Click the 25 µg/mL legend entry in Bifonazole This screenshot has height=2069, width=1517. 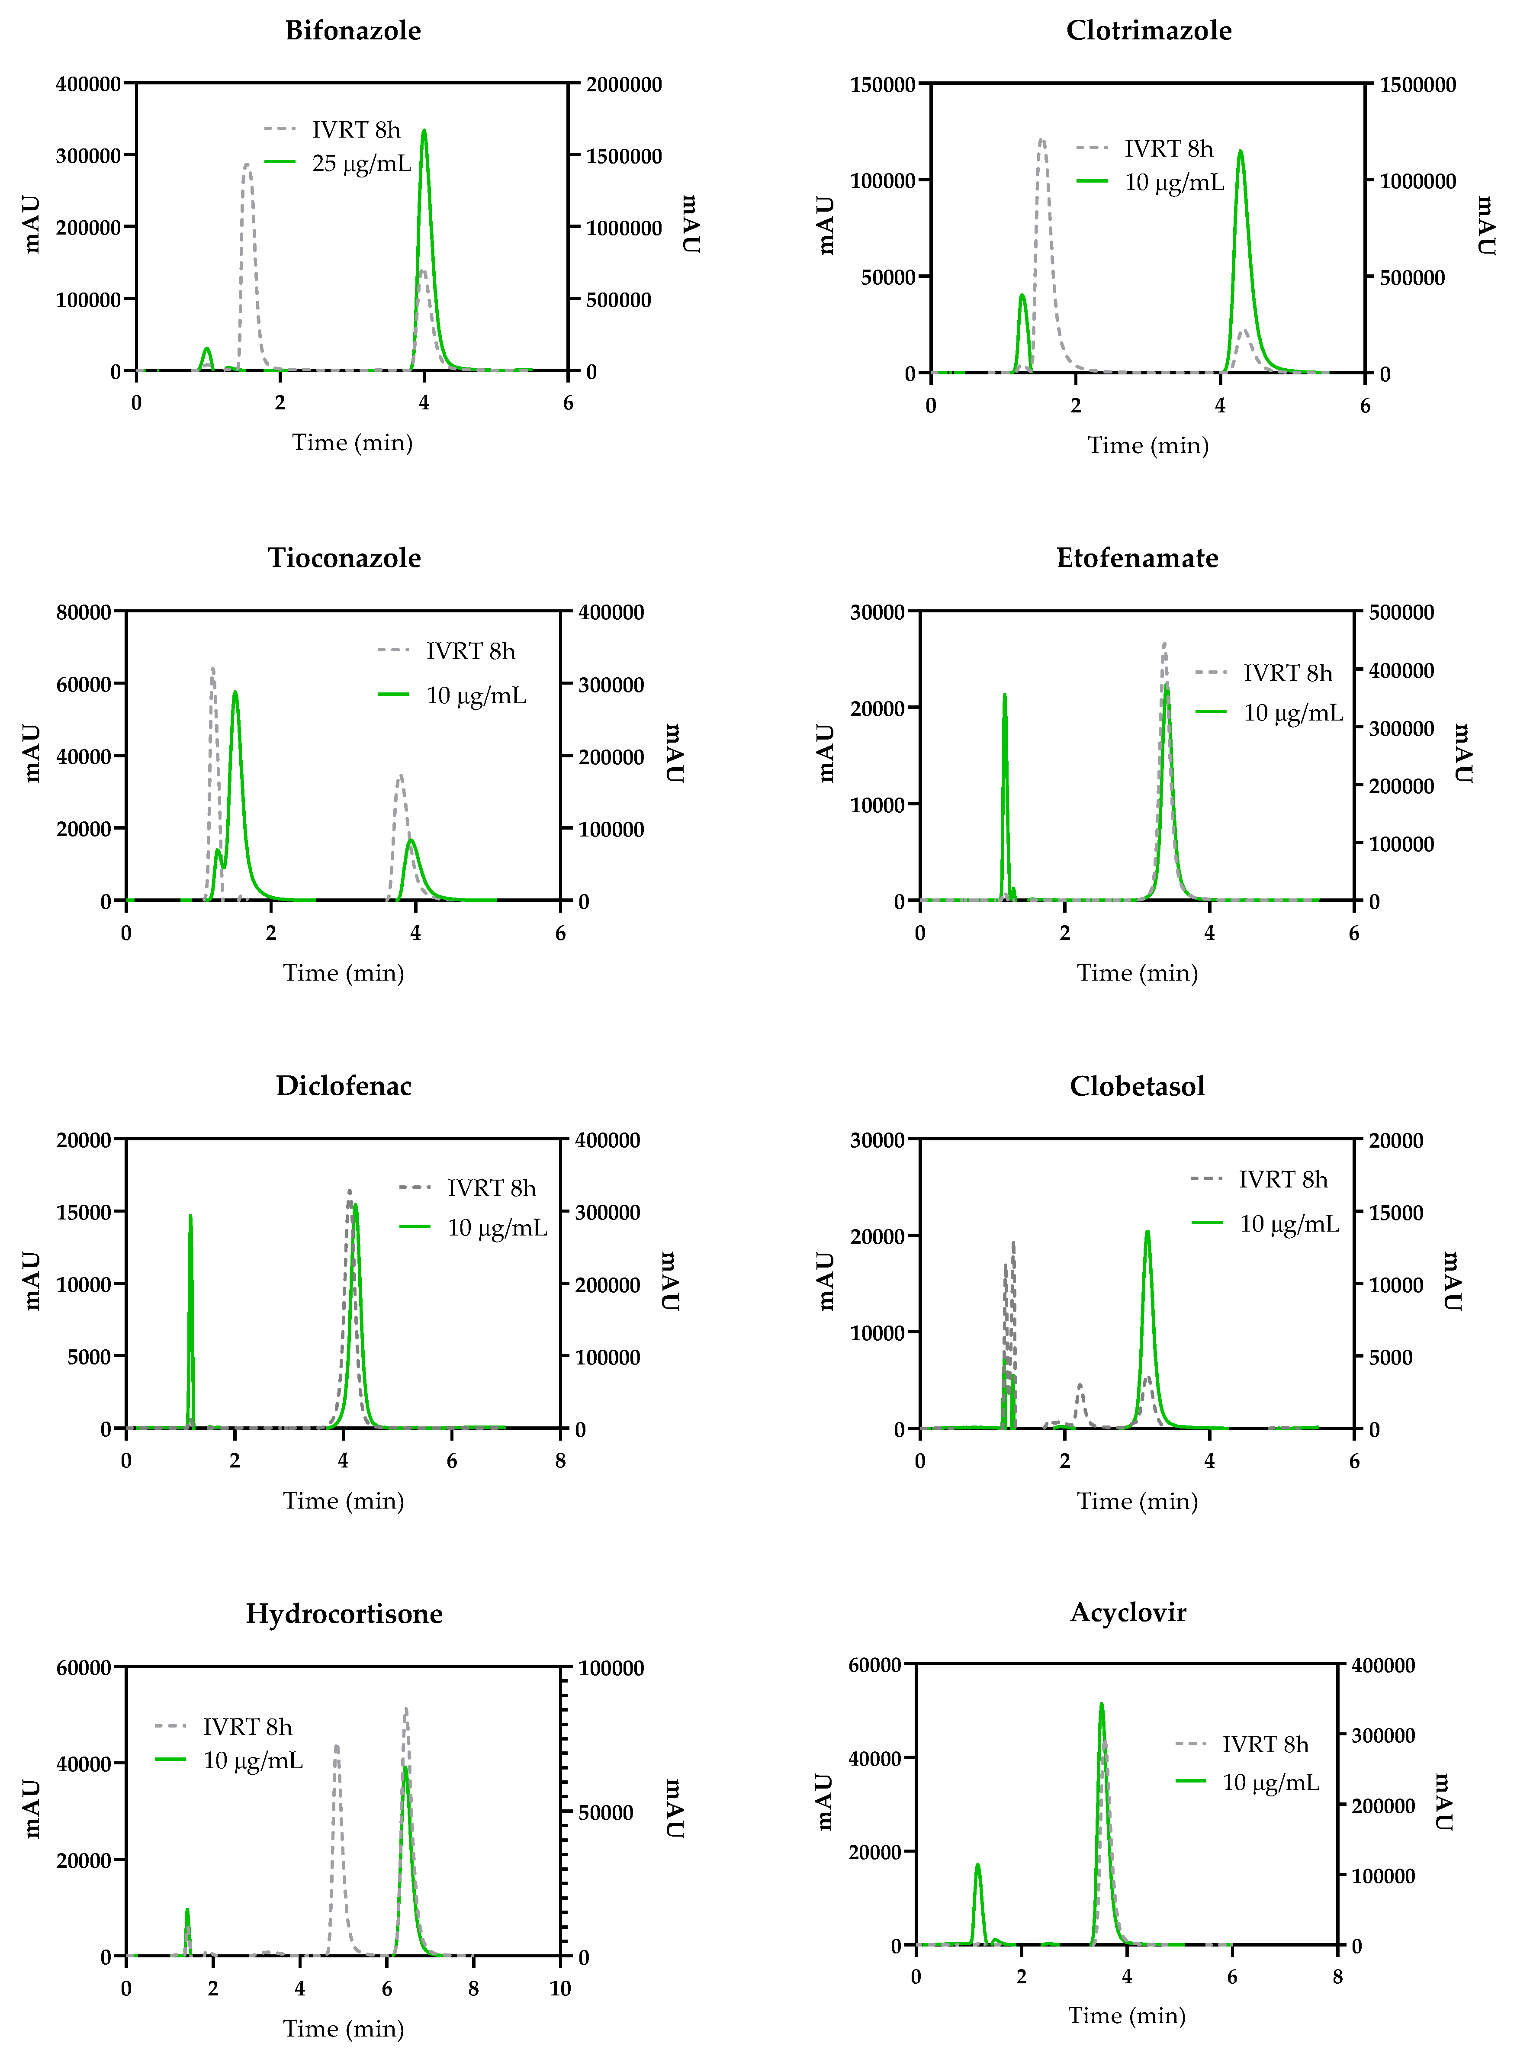click(x=361, y=164)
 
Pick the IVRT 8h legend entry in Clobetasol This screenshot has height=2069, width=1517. click(x=1282, y=1179)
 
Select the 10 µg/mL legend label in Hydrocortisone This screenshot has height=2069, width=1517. click(x=253, y=1760)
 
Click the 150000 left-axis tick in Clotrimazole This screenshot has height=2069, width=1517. click(x=883, y=84)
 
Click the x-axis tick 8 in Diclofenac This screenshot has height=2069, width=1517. click(x=560, y=1461)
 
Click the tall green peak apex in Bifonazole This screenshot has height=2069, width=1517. click(x=423, y=131)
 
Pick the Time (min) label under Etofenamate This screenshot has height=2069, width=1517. click(x=1137, y=972)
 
